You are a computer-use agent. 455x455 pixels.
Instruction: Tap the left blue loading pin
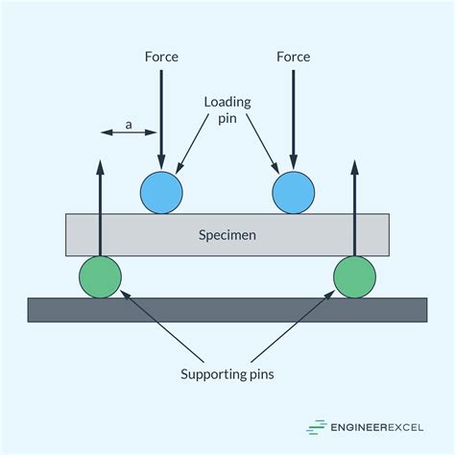(161, 193)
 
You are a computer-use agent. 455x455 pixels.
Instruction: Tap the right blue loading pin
(293, 193)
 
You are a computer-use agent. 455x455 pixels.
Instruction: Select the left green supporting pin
(100, 276)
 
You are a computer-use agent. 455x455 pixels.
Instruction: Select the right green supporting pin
(354, 276)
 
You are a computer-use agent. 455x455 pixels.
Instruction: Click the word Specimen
(227, 234)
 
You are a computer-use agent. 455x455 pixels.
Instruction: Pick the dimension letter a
(128, 124)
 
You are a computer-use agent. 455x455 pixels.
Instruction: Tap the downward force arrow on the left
(161, 115)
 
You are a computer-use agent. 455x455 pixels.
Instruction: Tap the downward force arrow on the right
(293, 115)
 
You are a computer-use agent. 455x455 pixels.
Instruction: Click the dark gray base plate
(227, 309)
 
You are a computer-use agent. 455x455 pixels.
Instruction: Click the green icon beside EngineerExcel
(316, 427)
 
